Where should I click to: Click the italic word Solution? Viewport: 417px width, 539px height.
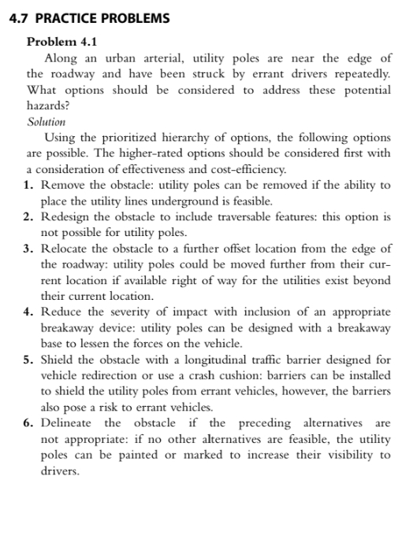[46, 122]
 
